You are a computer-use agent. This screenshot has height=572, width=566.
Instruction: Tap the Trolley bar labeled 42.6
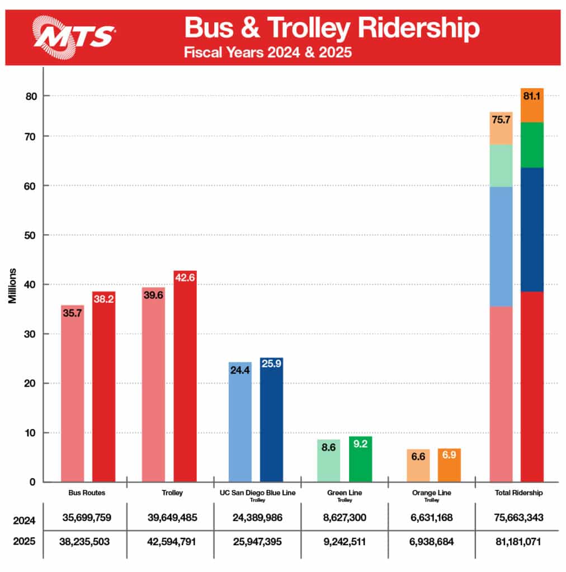pyautogui.click(x=185, y=380)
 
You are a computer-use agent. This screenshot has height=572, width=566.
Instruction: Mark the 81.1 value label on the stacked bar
pyautogui.click(x=532, y=96)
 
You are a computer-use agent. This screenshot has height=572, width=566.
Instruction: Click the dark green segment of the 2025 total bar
pyautogui.click(x=532, y=145)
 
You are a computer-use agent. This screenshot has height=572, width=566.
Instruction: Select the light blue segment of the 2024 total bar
pyautogui.click(x=501, y=246)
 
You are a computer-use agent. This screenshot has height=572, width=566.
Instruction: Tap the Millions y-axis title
pyautogui.click(x=12, y=286)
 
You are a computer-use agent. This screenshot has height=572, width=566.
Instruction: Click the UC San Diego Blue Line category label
pyautogui.click(x=258, y=493)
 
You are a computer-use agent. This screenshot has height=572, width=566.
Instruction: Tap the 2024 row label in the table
pyautogui.click(x=24, y=521)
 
